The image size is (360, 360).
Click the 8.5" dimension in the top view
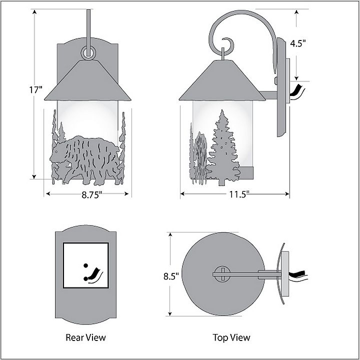171,276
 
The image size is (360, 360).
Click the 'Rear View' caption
86,337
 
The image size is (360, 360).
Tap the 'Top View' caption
231,337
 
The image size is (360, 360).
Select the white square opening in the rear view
85,265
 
